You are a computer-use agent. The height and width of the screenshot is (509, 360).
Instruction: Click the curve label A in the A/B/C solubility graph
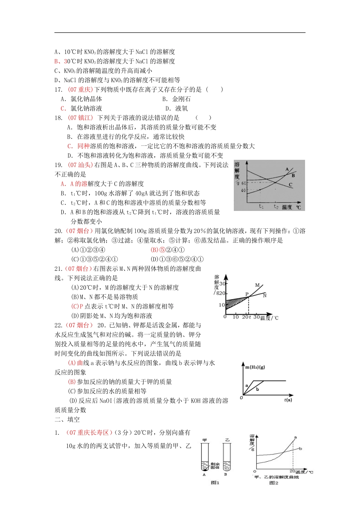[x=287, y=169]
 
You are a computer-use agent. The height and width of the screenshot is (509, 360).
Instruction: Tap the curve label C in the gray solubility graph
[x=291, y=185]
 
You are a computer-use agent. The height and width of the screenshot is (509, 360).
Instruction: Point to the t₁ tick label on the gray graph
[x=261, y=206]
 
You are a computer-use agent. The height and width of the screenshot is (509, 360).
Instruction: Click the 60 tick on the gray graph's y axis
[x=243, y=183]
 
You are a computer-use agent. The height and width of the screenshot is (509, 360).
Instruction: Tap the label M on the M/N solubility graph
[x=257, y=285]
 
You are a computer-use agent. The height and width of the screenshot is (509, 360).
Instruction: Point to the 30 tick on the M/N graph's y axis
[x=222, y=284]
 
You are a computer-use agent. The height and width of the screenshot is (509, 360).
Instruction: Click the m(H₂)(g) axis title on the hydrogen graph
[x=255, y=367]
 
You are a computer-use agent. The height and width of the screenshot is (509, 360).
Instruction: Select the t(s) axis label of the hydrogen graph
[x=288, y=400]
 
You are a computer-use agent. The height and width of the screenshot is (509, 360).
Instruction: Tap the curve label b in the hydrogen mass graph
[x=258, y=389]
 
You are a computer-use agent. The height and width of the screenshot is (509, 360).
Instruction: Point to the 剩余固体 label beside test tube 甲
[x=215, y=465]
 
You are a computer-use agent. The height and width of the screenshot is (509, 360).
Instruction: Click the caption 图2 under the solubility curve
[x=274, y=482]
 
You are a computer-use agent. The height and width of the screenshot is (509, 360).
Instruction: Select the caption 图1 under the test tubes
[x=215, y=482]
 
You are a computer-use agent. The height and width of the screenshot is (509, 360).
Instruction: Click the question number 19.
[x=58, y=165]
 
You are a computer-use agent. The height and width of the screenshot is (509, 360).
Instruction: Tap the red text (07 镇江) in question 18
[x=80, y=118]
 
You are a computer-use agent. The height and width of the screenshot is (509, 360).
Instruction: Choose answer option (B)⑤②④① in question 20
[x=167, y=250]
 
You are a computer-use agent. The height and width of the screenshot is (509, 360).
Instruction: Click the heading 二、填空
[x=67, y=420]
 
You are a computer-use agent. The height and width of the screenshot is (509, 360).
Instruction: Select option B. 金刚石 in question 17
[x=177, y=99]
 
